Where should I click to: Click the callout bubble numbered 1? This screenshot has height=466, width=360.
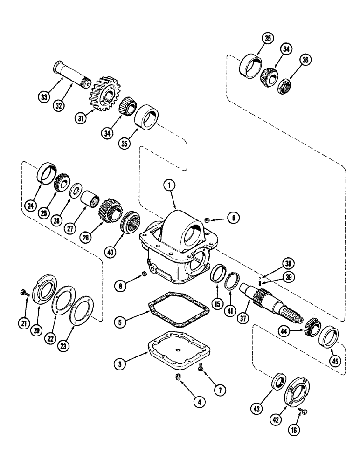click(171, 185)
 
